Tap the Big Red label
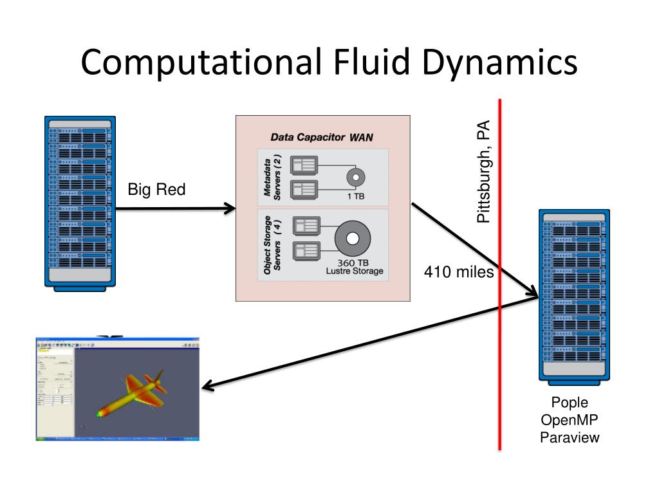coord(156,189)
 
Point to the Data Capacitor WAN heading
coord(321,137)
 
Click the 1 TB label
coord(355,196)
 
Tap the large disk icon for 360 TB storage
coord(352,239)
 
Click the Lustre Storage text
coord(354,271)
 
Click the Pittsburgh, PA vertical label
coord(483,172)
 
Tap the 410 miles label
coord(458,272)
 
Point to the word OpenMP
coord(570,420)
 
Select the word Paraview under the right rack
coord(570,437)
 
